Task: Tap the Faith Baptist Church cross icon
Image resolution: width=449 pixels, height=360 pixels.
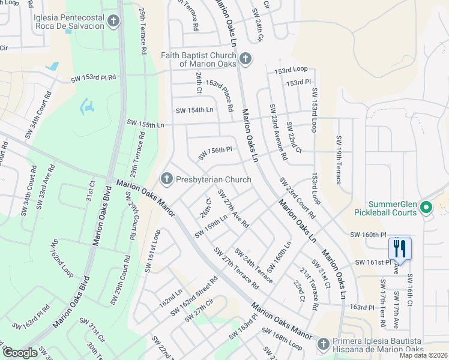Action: [244, 59]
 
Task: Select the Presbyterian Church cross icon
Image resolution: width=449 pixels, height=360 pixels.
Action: [166, 179]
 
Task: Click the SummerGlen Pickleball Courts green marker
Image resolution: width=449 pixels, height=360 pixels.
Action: [426, 208]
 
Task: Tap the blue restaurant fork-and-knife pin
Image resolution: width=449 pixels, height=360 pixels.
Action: [399, 248]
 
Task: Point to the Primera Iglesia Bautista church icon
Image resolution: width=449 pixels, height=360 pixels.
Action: [324, 344]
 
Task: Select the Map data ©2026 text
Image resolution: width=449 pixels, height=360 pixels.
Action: [423, 355]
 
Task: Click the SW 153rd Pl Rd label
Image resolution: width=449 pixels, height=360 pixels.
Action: [93, 78]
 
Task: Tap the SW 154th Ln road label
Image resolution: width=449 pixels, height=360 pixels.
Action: [194, 110]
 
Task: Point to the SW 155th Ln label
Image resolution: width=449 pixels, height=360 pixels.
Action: [145, 122]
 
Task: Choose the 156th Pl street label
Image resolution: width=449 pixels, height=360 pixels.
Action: [214, 152]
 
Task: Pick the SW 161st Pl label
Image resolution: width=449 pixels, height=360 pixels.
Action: [372, 262]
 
